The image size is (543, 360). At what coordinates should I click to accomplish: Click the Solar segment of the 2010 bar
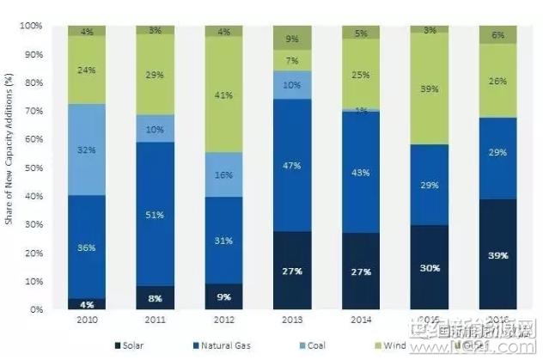[86, 303]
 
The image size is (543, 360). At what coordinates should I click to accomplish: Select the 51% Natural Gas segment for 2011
[155, 214]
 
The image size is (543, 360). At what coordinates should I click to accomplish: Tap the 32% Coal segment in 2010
[86, 149]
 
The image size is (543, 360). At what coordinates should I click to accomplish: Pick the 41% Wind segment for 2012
[223, 95]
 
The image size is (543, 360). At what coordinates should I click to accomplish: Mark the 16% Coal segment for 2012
[223, 174]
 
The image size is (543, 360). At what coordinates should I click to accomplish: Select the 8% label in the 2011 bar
[155, 298]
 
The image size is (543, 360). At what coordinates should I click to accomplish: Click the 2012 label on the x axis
[223, 320]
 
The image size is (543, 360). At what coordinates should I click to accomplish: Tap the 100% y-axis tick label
[28, 27]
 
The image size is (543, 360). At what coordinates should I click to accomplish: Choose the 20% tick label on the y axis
[30, 253]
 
